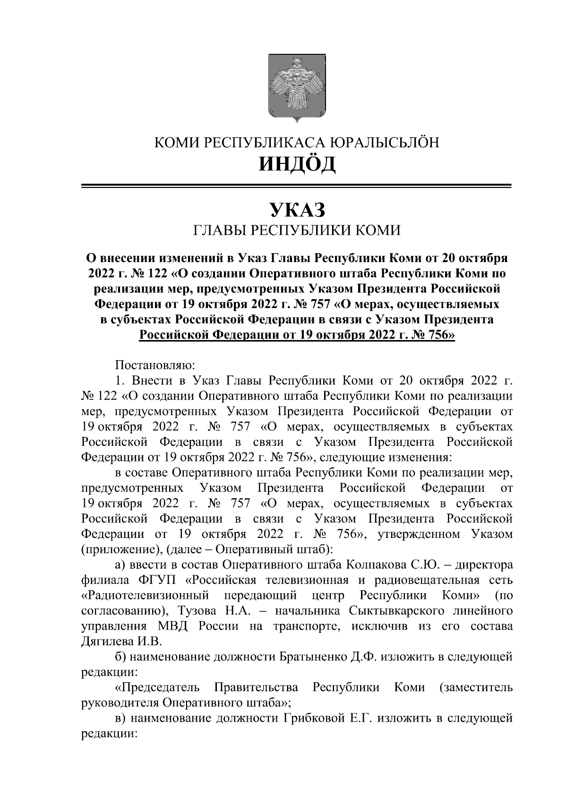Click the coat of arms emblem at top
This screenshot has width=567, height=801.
click(x=297, y=88)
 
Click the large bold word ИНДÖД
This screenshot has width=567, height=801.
click(x=297, y=164)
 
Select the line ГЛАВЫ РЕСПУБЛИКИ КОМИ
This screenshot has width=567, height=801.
click(x=297, y=230)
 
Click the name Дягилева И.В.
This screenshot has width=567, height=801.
click(x=122, y=641)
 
